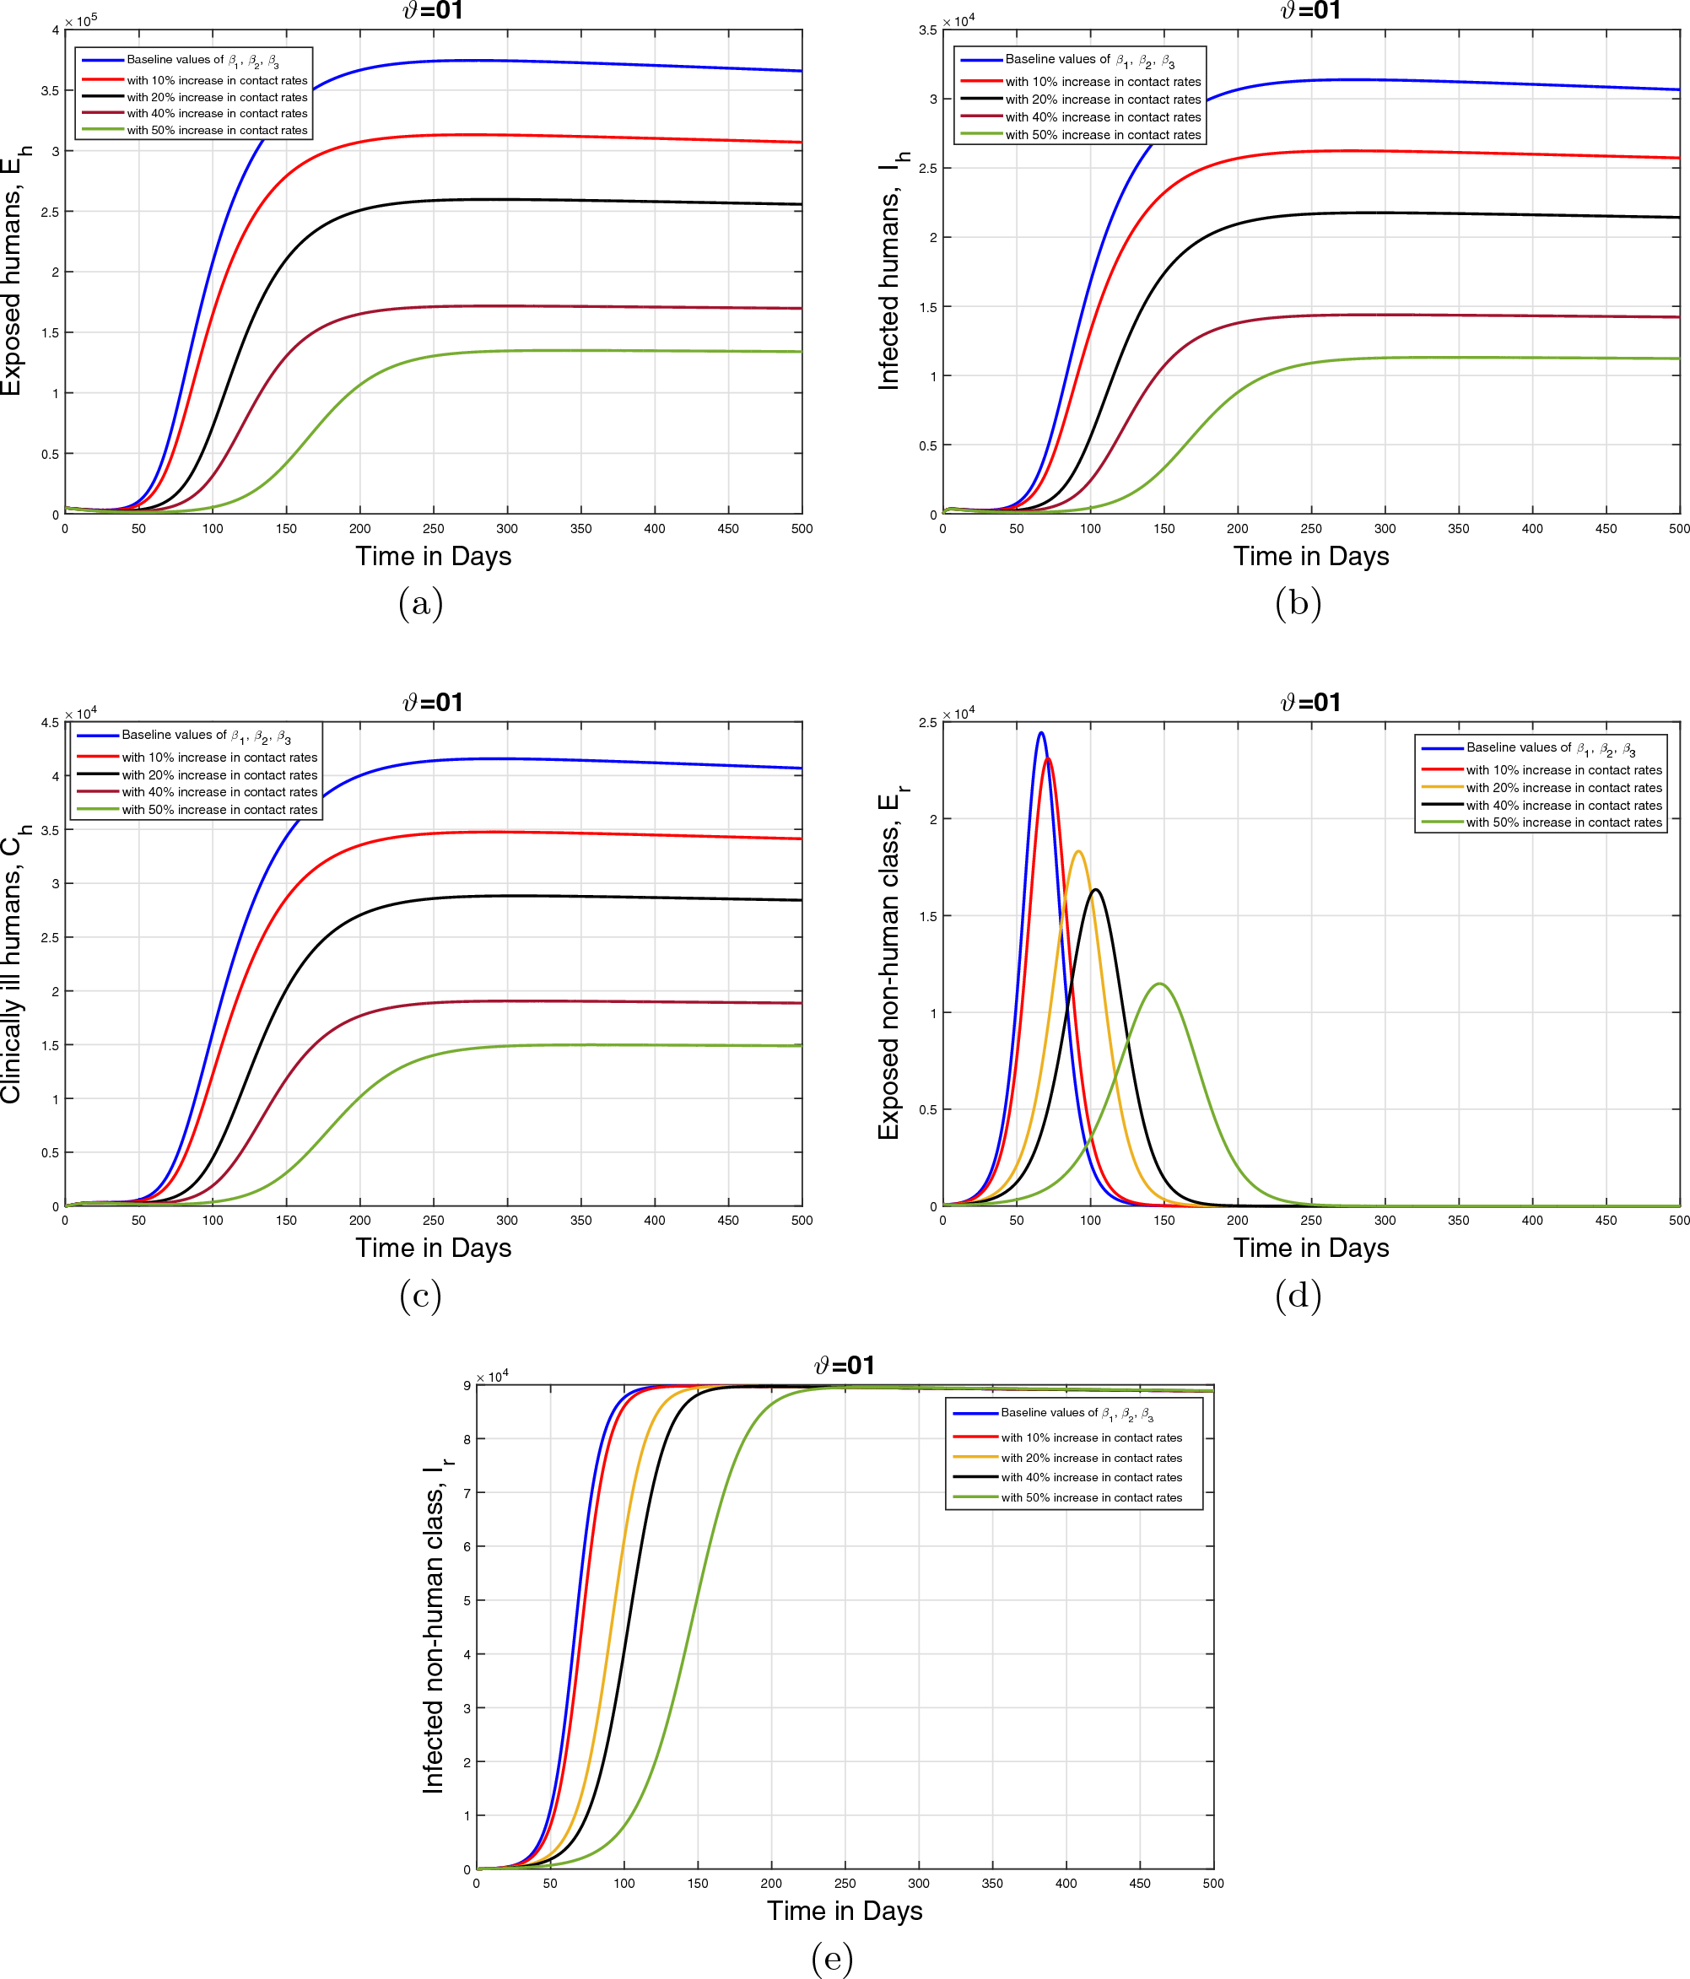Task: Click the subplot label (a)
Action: pyautogui.click(x=420, y=604)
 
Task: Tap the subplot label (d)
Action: pyautogui.click(x=1299, y=1295)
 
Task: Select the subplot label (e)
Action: pyautogui.click(x=832, y=1958)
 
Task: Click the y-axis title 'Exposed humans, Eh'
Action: pyautogui.click(x=13, y=272)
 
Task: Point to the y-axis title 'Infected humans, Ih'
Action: pyautogui.click(x=890, y=272)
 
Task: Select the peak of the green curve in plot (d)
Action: pyautogui.click(x=1160, y=984)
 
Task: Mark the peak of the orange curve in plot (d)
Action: pyautogui.click(x=1077, y=851)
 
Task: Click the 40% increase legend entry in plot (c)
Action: pyautogui.click(x=219, y=792)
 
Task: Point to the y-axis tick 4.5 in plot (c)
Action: pyautogui.click(x=50, y=723)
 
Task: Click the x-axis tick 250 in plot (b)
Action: pyautogui.click(x=1310, y=529)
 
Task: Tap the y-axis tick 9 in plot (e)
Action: pyautogui.click(x=467, y=1386)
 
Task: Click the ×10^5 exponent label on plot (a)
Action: pyautogui.click(x=81, y=19)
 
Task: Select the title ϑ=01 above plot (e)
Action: pyautogui.click(x=845, y=1366)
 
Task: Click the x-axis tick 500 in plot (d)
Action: pyautogui.click(x=1678, y=1221)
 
